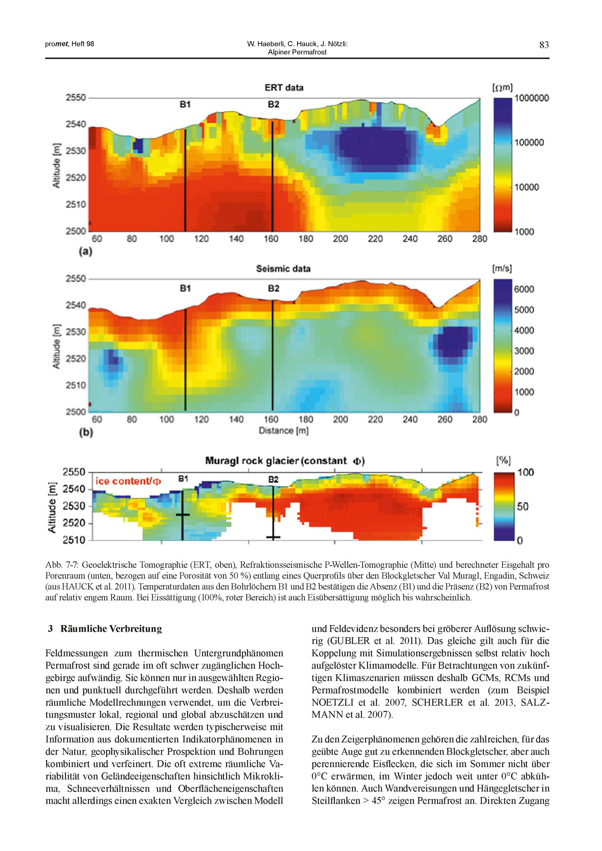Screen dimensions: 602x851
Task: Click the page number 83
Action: [x=544, y=45]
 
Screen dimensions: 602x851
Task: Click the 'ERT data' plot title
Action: [x=284, y=88]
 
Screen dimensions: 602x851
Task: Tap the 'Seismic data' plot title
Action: [x=283, y=269]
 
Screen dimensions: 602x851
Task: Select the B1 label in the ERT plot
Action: [x=185, y=105]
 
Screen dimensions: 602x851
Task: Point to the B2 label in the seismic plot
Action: [x=273, y=288]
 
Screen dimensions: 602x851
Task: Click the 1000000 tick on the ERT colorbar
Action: [x=532, y=98]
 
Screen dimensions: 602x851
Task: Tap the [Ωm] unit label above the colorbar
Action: [x=502, y=88]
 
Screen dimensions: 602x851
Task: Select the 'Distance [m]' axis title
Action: [x=284, y=431]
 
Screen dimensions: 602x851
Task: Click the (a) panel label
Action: [x=85, y=252]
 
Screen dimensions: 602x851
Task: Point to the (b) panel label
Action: [x=85, y=432]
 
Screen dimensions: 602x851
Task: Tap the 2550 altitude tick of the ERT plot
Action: [x=76, y=98]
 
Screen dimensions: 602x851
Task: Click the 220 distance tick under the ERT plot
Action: [x=375, y=239]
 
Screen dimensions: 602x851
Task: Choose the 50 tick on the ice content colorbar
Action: [x=522, y=506]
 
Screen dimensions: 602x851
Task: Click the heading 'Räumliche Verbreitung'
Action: [x=111, y=629]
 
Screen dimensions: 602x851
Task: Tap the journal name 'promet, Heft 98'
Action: [x=70, y=44]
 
